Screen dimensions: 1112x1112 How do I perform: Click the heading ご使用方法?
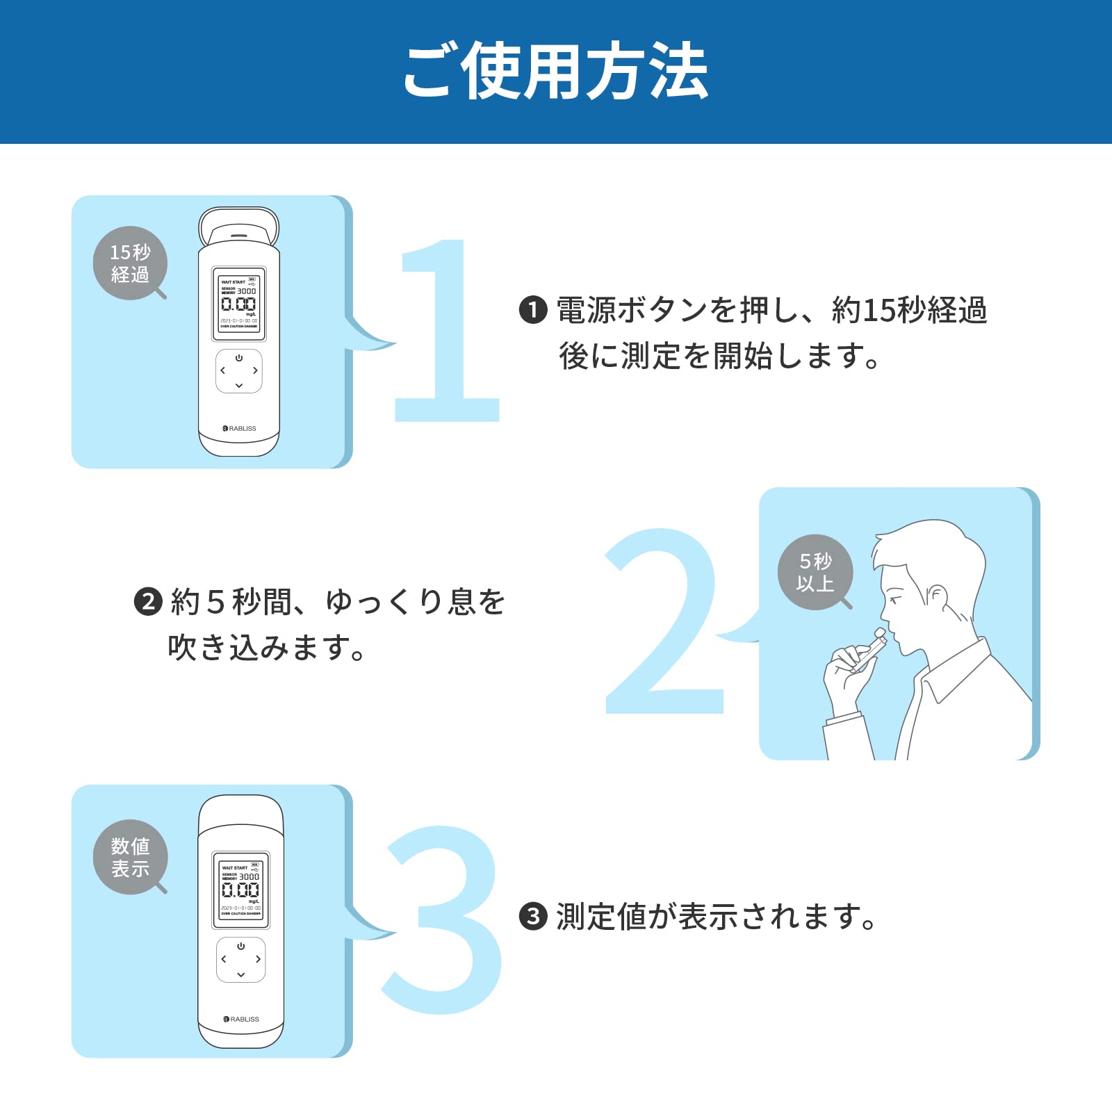pyautogui.click(x=555, y=72)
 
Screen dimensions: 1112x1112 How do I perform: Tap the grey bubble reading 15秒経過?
pyautogui.click(x=130, y=263)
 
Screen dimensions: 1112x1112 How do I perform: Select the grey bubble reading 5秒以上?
pyautogui.click(x=815, y=572)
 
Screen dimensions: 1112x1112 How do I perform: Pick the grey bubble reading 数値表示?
pyautogui.click(x=130, y=857)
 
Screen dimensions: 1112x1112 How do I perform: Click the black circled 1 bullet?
pyautogui.click(x=533, y=310)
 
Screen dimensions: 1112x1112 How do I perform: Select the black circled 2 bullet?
pyautogui.click(x=148, y=601)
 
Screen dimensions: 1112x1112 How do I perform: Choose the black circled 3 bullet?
pyautogui.click(x=533, y=917)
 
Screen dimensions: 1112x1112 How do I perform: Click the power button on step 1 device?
pyautogui.click(x=239, y=358)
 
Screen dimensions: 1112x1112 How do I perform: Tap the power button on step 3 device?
pyautogui.click(x=240, y=947)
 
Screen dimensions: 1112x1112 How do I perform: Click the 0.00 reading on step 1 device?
pyautogui.click(x=238, y=304)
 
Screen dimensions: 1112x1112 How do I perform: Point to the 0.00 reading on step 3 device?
pyautogui.click(x=240, y=890)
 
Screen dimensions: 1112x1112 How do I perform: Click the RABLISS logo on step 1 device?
pyautogui.click(x=239, y=429)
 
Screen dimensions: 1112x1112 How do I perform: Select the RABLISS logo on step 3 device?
pyautogui.click(x=241, y=1019)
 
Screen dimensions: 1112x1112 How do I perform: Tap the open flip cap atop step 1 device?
pyautogui.click(x=239, y=226)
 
